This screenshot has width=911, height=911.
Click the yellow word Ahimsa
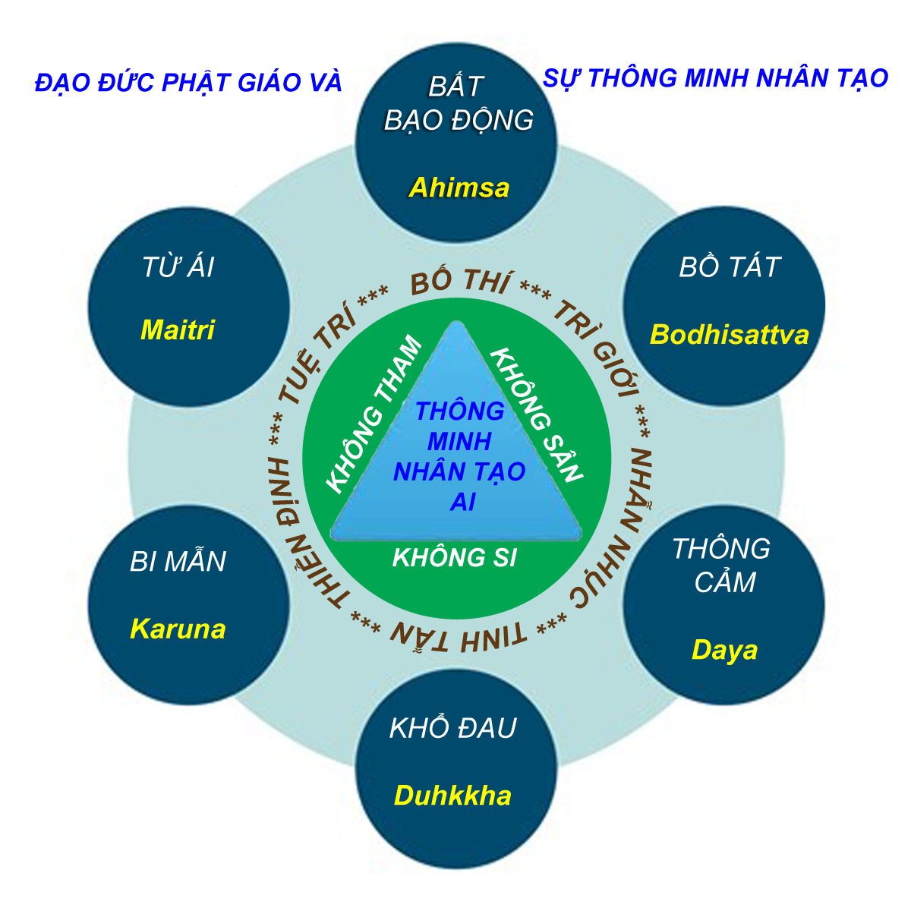459,188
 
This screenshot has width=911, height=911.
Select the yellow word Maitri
178,329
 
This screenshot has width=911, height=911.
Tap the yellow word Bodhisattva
729,335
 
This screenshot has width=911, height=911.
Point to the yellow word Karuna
178,629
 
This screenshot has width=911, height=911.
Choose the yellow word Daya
724,650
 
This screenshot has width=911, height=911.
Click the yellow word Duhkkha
452,796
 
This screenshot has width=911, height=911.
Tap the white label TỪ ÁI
178,267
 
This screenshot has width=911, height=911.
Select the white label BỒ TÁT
729,267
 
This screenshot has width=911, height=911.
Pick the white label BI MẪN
178,562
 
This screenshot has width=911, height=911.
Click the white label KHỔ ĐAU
452,728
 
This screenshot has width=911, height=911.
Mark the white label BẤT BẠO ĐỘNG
458,103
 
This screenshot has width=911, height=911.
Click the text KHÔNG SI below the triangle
454,558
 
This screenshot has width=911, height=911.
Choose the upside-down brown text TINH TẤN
458,634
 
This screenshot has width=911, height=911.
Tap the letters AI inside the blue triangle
462,502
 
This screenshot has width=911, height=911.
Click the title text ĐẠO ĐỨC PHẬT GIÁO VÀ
188,82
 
